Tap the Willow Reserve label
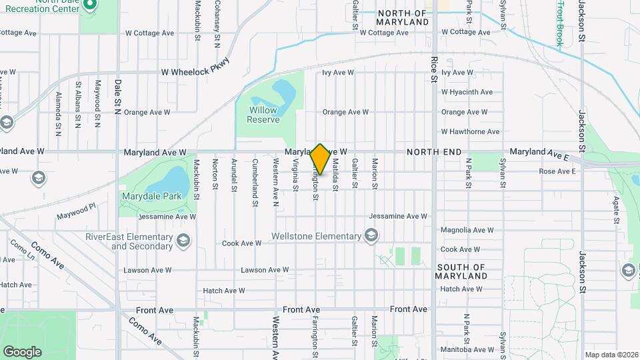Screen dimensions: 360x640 263,115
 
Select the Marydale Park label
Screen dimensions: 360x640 143,197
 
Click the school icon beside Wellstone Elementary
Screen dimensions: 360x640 371,235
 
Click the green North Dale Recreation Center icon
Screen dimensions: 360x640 91,5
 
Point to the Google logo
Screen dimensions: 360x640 22,351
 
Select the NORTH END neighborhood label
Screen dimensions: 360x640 434,153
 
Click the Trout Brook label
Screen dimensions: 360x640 560,25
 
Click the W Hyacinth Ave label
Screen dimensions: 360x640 467,92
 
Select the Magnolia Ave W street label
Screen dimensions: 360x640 467,230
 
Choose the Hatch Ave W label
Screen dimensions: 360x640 224,291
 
